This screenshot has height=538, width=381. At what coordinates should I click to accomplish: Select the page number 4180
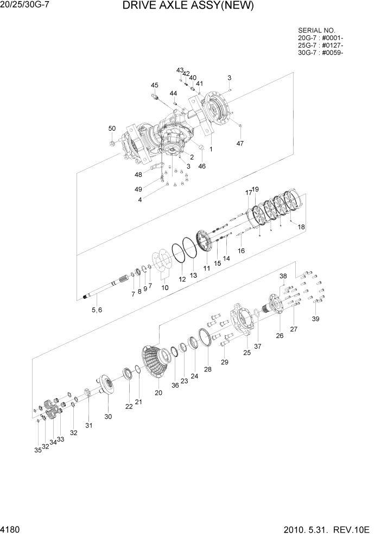point(12,529)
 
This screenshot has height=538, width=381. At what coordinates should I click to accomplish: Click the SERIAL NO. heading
point(316,30)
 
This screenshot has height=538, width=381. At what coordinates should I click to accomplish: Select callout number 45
point(155,85)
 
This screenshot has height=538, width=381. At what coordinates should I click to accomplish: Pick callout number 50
point(112,129)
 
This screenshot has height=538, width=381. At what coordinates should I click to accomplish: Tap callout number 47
point(240,143)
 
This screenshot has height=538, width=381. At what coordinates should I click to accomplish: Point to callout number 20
point(158,393)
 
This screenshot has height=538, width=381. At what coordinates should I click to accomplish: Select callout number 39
point(315,319)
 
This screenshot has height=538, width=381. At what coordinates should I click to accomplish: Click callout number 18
point(301,227)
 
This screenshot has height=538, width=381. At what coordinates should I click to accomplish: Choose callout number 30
point(108,417)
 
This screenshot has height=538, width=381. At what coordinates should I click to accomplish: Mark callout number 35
point(37,450)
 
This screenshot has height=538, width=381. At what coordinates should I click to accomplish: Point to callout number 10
point(165,287)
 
